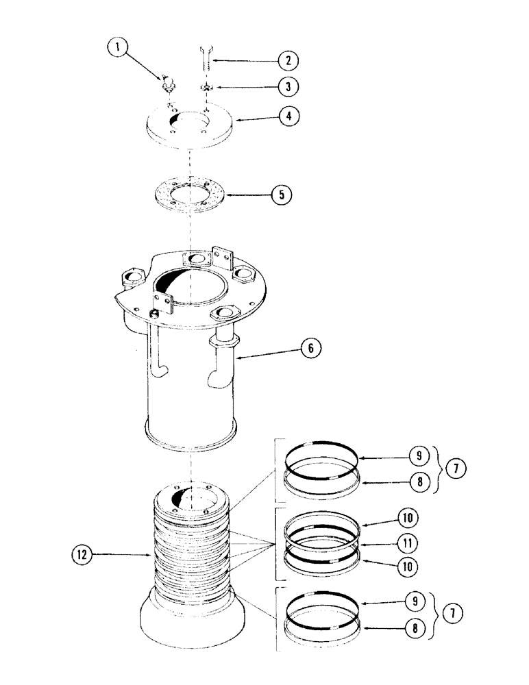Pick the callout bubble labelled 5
pyautogui.click(x=280, y=195)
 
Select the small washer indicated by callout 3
pyautogui.click(x=206, y=88)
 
